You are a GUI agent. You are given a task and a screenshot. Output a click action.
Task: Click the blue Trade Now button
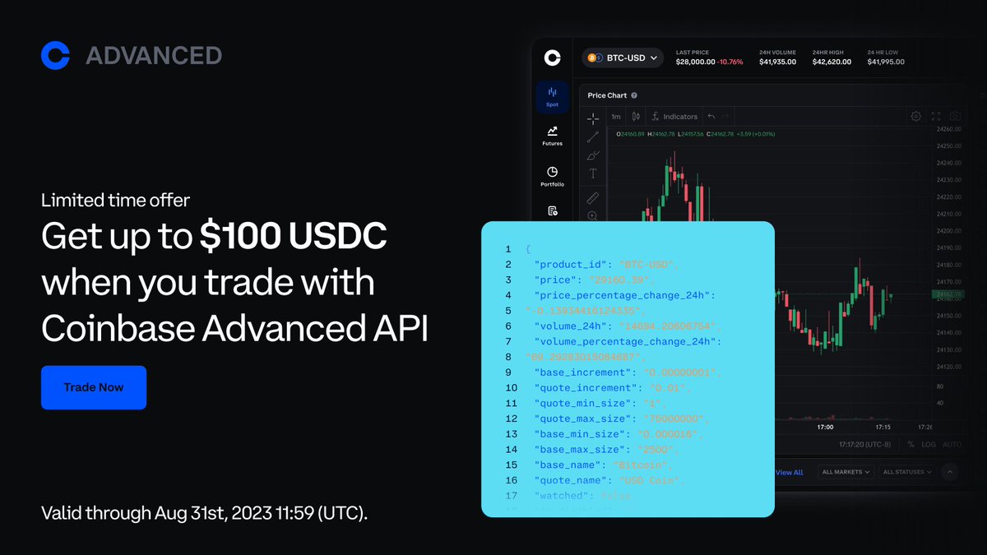(94, 387)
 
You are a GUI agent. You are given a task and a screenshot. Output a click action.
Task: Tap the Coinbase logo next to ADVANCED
(55, 55)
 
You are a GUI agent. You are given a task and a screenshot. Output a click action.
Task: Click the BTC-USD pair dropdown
(623, 58)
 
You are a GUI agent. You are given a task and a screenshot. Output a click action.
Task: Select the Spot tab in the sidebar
(552, 96)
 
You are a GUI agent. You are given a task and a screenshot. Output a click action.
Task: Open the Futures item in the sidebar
(552, 135)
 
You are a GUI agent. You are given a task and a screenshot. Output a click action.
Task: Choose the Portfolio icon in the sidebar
(552, 176)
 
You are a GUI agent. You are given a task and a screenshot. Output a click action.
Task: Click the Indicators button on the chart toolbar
(674, 117)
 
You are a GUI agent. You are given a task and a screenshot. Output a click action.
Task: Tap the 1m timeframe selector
(616, 117)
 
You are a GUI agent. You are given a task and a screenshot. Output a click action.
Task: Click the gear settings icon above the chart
(915, 117)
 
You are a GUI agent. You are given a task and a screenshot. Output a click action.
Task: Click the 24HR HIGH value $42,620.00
(835, 62)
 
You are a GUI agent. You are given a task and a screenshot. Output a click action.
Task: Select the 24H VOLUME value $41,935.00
(777, 62)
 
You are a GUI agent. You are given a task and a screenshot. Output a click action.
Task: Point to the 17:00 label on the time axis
(825, 427)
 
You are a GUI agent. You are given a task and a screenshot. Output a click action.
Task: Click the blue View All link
(789, 472)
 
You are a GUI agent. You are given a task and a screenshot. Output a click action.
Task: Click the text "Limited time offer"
(115, 199)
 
